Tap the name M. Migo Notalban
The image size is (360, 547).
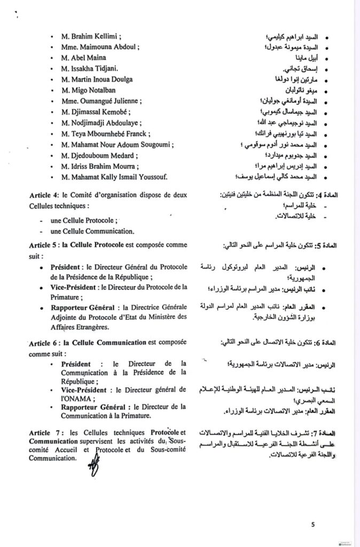click(89, 90)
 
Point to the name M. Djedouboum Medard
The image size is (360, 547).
click(99, 156)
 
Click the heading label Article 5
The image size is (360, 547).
click(46, 245)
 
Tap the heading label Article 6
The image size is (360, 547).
click(46, 342)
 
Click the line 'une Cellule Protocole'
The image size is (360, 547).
click(82, 221)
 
